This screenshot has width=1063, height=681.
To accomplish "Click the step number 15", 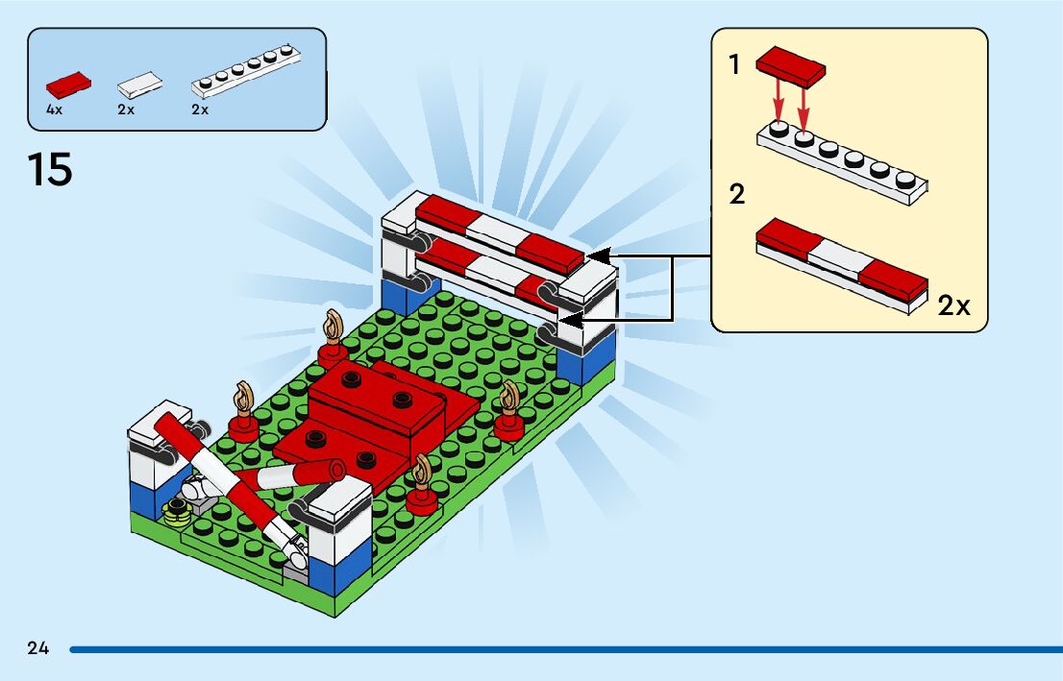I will [x=50, y=171].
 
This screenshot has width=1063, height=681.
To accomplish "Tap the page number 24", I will [x=37, y=648].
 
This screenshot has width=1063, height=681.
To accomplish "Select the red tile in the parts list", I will [x=68, y=84].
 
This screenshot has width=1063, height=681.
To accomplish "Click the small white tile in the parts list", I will [x=139, y=85].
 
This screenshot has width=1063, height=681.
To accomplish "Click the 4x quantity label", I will [x=54, y=109].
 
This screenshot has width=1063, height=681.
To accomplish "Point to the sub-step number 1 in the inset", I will [x=735, y=65].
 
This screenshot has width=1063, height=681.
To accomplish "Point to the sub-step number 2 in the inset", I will [x=737, y=195].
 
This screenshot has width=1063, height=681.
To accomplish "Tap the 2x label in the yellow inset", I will [x=953, y=306].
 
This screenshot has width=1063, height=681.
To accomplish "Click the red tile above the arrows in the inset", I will [x=791, y=65].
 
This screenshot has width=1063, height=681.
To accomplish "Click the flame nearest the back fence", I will [x=334, y=327].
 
